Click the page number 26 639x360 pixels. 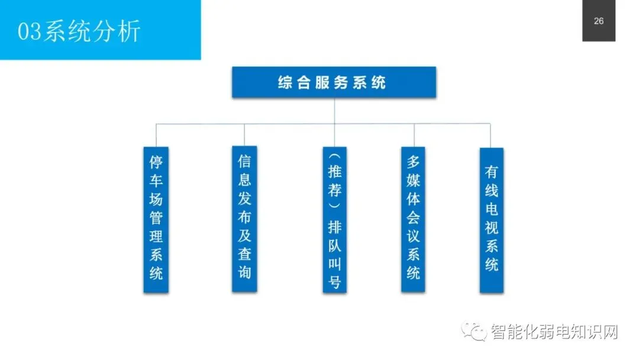598,21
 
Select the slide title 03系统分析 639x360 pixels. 79,31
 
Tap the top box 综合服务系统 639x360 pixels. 334,82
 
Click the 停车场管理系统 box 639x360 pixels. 156,219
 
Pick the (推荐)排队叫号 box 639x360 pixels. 334,218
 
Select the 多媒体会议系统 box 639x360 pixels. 413,218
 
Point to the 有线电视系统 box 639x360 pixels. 491,219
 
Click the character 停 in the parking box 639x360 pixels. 156,162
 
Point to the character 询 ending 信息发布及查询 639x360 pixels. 244,272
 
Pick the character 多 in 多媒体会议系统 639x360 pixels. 413,162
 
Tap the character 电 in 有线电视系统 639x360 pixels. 491,209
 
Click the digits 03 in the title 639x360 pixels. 28,31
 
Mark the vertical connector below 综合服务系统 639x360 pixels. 334,111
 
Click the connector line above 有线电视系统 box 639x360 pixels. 490,135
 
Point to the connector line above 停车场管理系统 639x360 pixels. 156,135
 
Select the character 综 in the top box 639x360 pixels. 286,82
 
